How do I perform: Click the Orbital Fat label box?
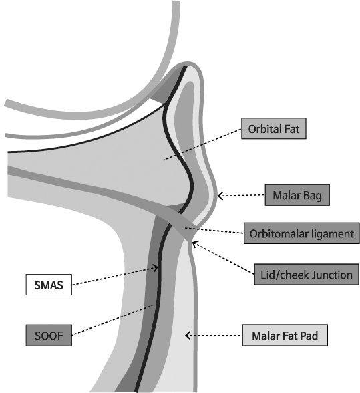coord(274,128)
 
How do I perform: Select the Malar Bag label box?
coord(297,195)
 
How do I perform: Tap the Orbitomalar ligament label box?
coord(302,233)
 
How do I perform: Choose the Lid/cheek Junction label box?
coord(307,275)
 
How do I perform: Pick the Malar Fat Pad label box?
coord(285,336)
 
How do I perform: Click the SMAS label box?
coord(49,285)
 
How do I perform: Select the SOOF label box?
coord(49,336)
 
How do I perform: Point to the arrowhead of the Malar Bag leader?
coord(220,196)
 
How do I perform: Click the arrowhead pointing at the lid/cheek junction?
coord(194,243)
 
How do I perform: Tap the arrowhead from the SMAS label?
coord(156,268)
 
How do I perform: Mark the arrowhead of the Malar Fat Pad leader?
coord(188,335)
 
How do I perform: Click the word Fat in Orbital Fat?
coord(291,129)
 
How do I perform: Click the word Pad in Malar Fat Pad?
coord(311,336)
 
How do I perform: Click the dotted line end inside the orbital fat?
coord(164,159)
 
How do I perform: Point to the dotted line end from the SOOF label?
coord(152,305)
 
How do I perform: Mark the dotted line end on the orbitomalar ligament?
coord(185,227)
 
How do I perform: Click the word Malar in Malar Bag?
coord(287,195)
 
